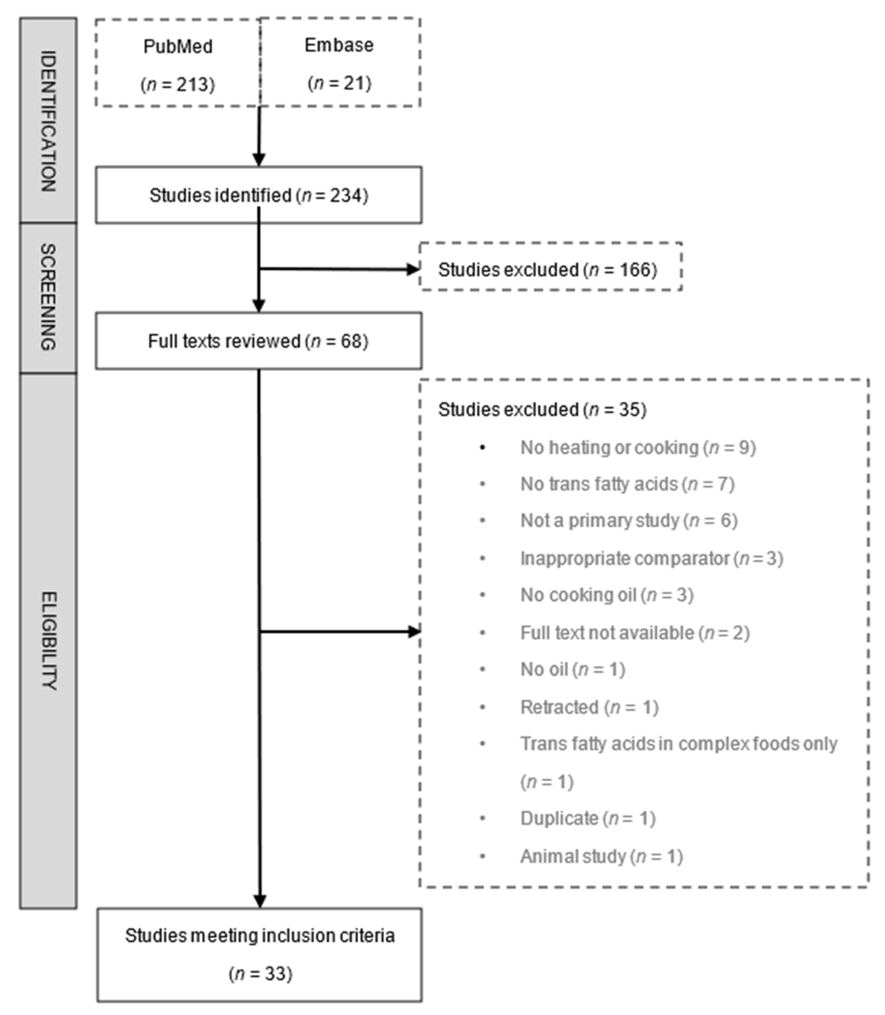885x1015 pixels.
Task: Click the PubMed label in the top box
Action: point(178,46)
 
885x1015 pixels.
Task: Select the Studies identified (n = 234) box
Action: point(259,195)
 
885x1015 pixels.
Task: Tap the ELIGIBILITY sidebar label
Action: point(48,641)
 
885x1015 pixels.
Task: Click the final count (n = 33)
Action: point(260,974)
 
